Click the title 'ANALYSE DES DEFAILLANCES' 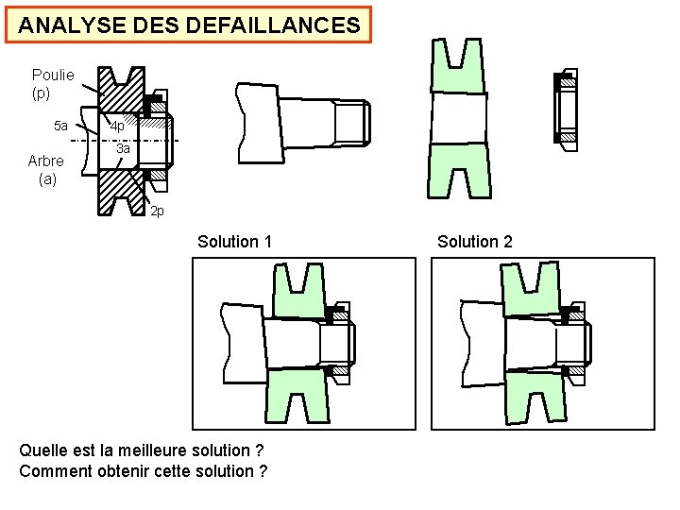[189, 25]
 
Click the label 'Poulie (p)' [53, 84]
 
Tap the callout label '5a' [60, 126]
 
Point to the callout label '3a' [123, 149]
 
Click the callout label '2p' [158, 211]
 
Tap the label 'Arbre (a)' [46, 169]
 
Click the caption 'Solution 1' [234, 242]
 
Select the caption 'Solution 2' [475, 242]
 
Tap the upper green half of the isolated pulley [459, 68]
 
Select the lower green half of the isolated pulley [459, 171]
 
